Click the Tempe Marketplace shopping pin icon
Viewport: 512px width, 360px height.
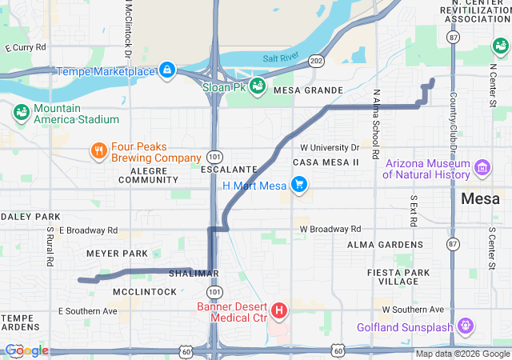[166, 71]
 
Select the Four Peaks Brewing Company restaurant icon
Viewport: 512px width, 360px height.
[98, 150]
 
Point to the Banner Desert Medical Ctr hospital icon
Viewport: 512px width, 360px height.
[279, 310]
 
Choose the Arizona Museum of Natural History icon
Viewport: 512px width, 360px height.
[482, 168]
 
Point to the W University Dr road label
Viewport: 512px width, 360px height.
[329, 147]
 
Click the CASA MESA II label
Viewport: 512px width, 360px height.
[326, 162]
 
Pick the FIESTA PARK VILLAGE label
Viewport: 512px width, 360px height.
[394, 277]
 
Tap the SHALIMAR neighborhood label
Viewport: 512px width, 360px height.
[194, 274]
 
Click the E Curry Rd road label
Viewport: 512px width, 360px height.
[25, 48]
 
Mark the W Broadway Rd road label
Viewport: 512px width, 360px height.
[330, 229]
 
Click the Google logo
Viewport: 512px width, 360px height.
[26, 350]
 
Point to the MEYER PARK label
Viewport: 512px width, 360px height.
[117, 254]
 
